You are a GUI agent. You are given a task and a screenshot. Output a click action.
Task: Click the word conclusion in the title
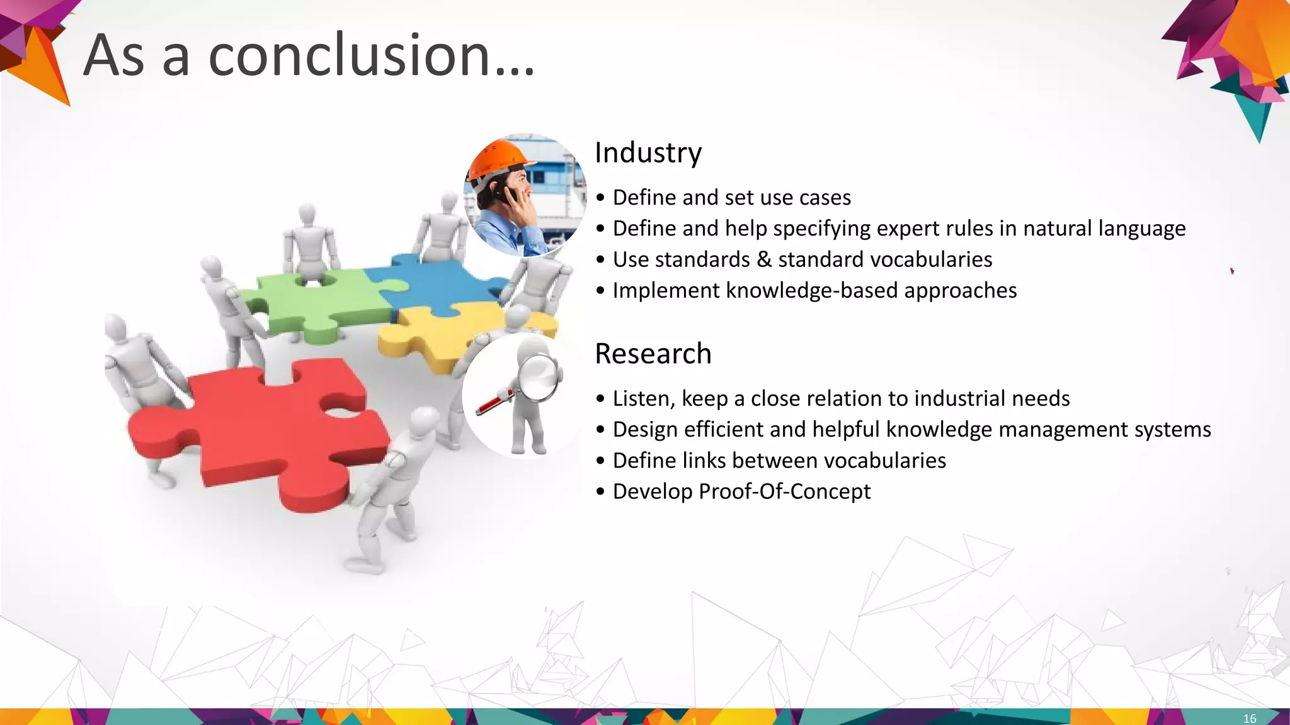(350, 55)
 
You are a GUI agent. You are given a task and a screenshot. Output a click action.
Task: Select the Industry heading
(648, 153)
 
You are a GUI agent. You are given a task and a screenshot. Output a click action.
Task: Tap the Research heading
(653, 354)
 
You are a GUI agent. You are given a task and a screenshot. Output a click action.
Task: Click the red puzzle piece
(265, 428)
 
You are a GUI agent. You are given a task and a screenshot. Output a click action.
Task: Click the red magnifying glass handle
(494, 402)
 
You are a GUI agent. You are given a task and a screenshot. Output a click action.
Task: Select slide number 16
(1249, 718)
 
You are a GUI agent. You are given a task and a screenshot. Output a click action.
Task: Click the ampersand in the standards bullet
(764, 259)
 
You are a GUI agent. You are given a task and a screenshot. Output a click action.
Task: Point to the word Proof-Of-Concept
(785, 492)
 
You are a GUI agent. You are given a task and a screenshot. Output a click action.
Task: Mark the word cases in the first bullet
(825, 198)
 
